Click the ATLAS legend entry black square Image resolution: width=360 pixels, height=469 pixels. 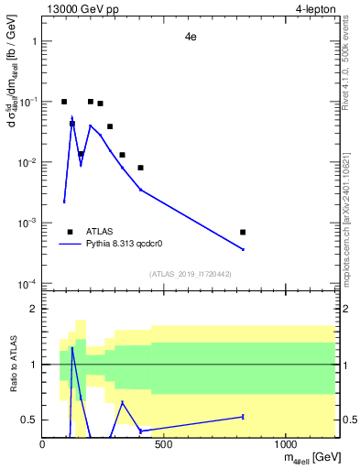pyautogui.click(x=70, y=232)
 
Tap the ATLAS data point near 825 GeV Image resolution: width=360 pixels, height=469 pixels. pyautogui.click(x=243, y=232)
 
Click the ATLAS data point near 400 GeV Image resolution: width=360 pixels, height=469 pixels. pyautogui.click(x=140, y=168)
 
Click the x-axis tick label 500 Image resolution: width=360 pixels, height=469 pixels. pyautogui.click(x=164, y=443)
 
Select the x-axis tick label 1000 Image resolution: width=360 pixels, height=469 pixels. pyautogui.click(x=285, y=443)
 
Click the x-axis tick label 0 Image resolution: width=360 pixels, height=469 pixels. pyautogui.click(x=43, y=443)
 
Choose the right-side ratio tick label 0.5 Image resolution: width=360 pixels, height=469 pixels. pyautogui.click(x=348, y=420)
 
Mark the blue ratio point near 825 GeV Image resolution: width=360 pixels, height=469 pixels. pyautogui.click(x=243, y=417)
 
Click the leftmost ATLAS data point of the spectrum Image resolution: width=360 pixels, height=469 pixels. pyautogui.click(x=64, y=102)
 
